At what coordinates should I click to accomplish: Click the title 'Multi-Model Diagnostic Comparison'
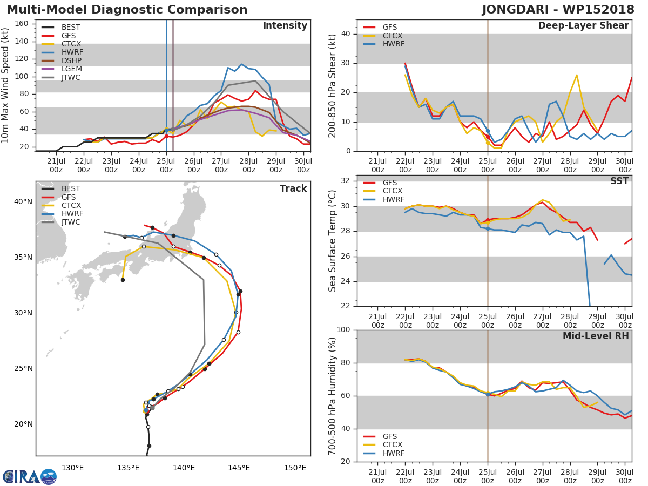click(x=127, y=10)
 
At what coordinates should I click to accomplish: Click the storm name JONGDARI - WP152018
click(x=559, y=10)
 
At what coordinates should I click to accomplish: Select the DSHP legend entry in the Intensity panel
click(x=71, y=60)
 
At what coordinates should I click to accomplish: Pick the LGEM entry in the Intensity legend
click(x=71, y=69)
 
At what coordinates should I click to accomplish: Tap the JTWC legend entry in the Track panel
click(x=71, y=222)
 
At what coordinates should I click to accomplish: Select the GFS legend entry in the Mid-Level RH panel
click(x=392, y=436)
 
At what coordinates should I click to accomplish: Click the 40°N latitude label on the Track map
click(x=23, y=202)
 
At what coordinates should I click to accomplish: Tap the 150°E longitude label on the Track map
click(x=295, y=468)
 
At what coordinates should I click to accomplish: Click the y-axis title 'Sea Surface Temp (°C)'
click(x=333, y=241)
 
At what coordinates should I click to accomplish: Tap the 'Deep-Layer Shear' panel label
click(x=583, y=26)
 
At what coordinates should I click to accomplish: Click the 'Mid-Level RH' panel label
click(x=596, y=336)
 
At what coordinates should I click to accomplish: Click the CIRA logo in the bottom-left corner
click(x=29, y=476)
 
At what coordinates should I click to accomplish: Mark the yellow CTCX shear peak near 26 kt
click(x=576, y=75)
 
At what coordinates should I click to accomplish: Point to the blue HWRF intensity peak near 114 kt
click(x=241, y=64)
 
